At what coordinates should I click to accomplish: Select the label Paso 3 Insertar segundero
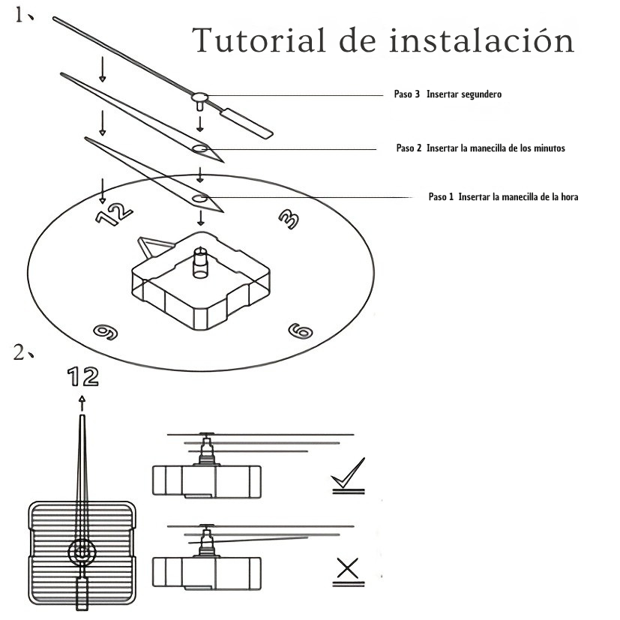[x=447, y=95]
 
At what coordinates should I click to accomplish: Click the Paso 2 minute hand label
[x=481, y=148]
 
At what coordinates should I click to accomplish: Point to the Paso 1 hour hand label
[x=502, y=197]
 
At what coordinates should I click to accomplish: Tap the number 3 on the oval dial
[x=288, y=218]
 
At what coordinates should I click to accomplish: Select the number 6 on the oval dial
[x=300, y=330]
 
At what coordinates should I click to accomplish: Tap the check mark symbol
[x=348, y=475]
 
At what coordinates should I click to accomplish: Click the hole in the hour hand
[x=200, y=198]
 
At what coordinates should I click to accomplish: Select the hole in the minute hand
[x=200, y=148]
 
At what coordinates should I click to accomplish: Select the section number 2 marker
[x=22, y=352]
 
